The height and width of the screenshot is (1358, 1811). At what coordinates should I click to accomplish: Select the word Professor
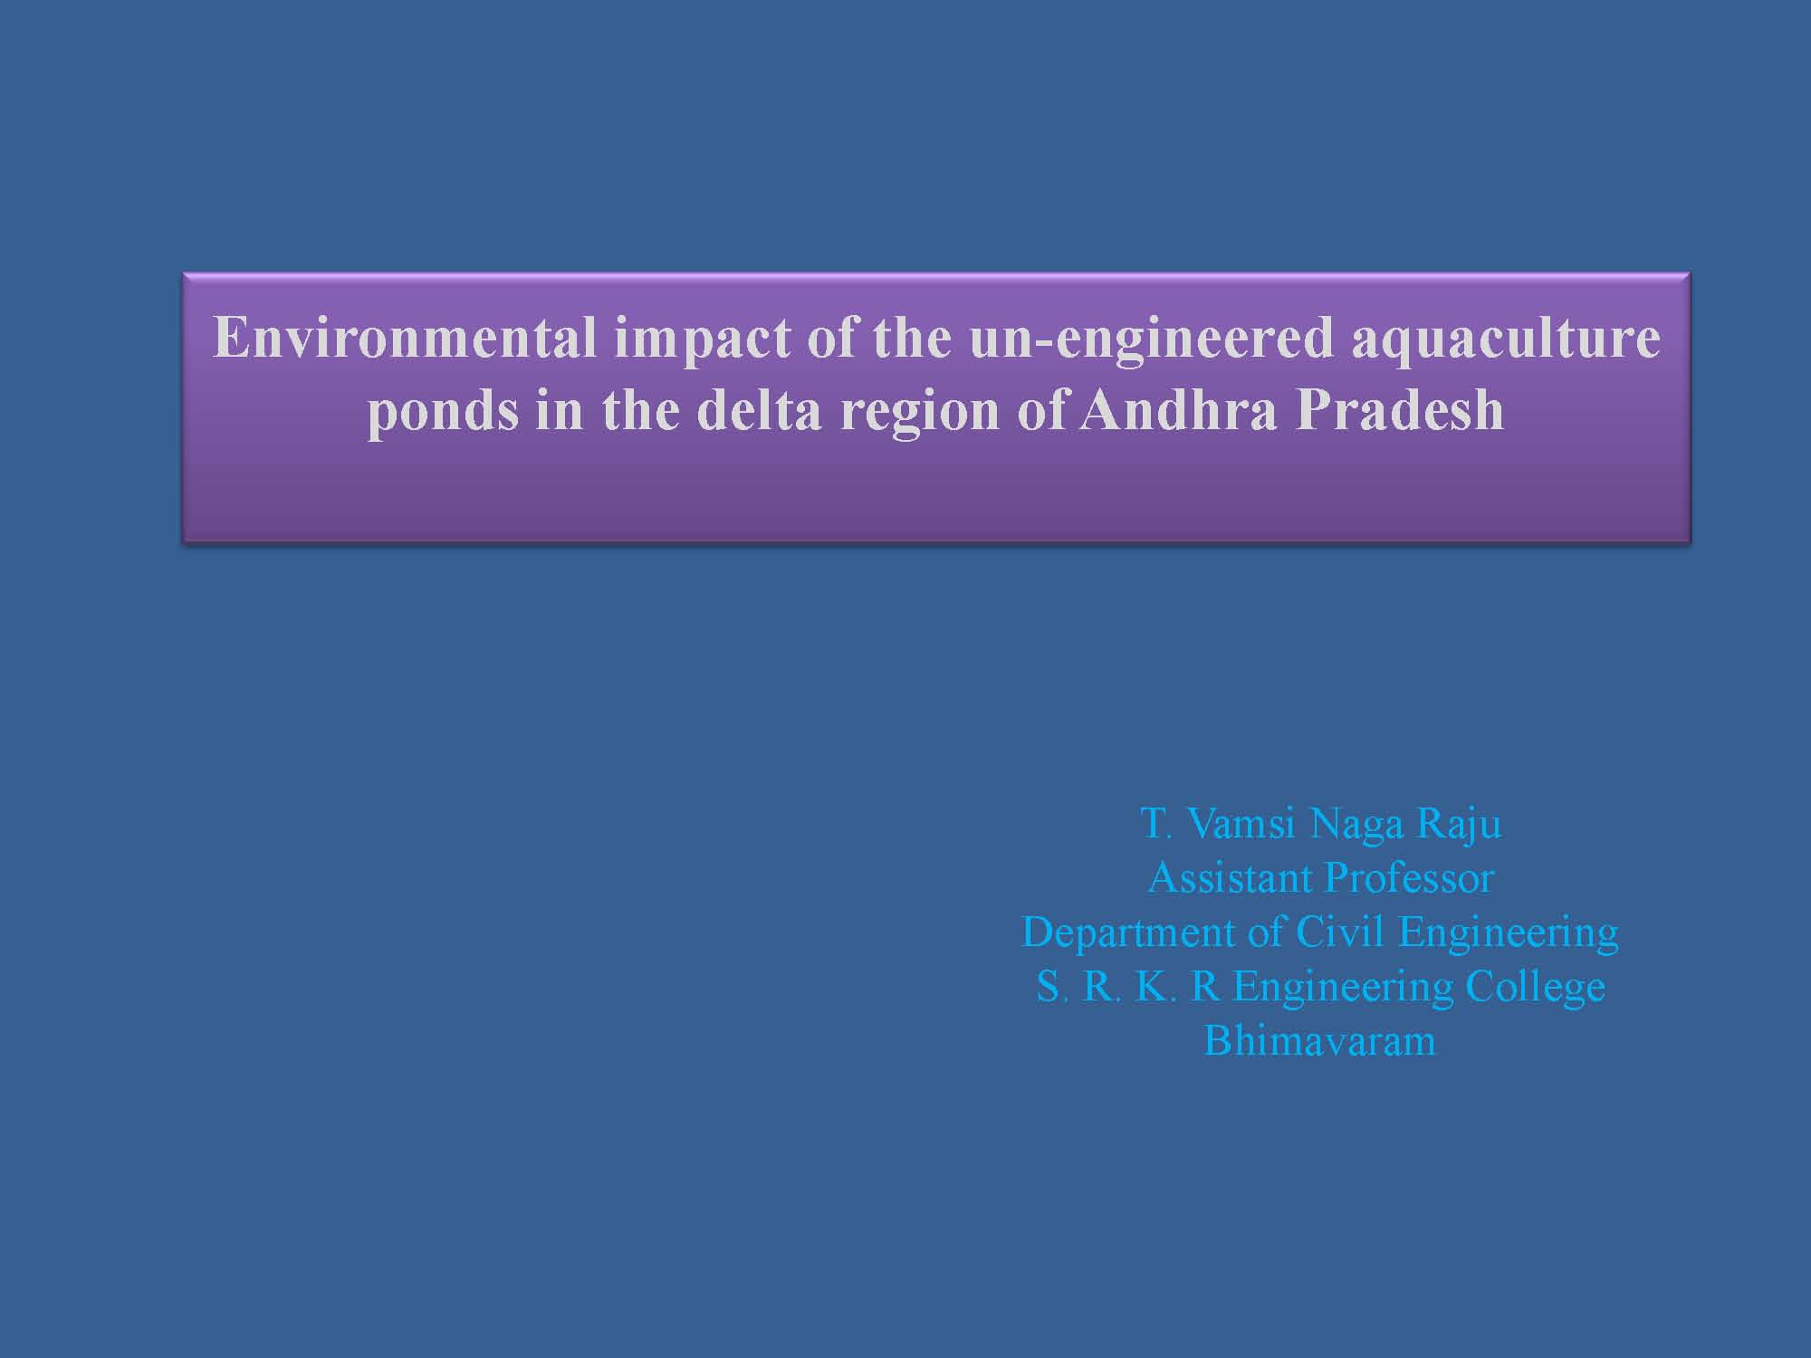coord(1409,877)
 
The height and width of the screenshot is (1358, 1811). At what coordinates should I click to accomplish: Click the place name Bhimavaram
coord(1319,1040)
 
